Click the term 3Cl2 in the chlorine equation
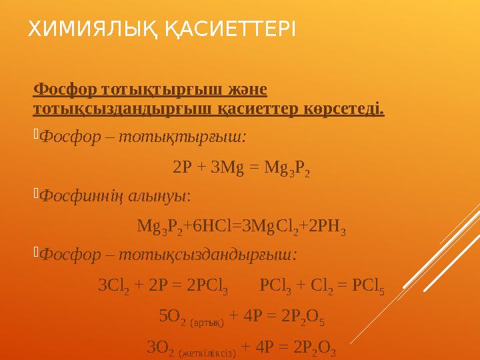[x=113, y=286]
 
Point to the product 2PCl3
[x=208, y=286]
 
